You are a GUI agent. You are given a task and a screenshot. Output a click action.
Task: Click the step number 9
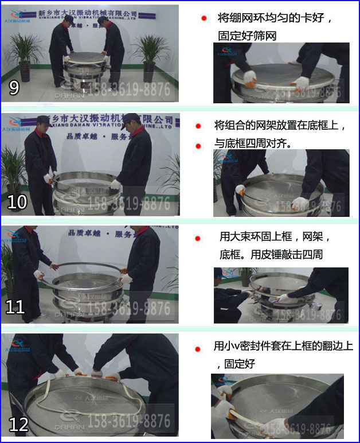(x=14, y=88)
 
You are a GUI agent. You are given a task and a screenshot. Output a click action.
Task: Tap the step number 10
(x=17, y=202)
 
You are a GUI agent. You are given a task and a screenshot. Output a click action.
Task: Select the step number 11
(x=15, y=307)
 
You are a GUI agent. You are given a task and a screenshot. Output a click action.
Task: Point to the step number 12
(x=18, y=424)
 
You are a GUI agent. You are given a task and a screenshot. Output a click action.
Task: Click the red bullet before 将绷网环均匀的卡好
(x=204, y=18)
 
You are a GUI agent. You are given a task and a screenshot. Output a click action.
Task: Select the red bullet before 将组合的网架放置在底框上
(x=198, y=126)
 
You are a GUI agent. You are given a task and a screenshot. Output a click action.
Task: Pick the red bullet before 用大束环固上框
(x=198, y=238)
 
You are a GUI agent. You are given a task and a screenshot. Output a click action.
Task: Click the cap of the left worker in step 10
(x=44, y=120)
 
